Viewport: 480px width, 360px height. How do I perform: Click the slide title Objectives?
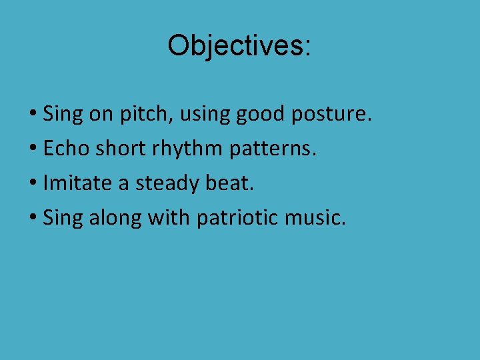point(239,46)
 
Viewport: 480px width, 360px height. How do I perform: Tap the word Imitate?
point(78,182)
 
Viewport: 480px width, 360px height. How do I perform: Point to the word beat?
point(229,182)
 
